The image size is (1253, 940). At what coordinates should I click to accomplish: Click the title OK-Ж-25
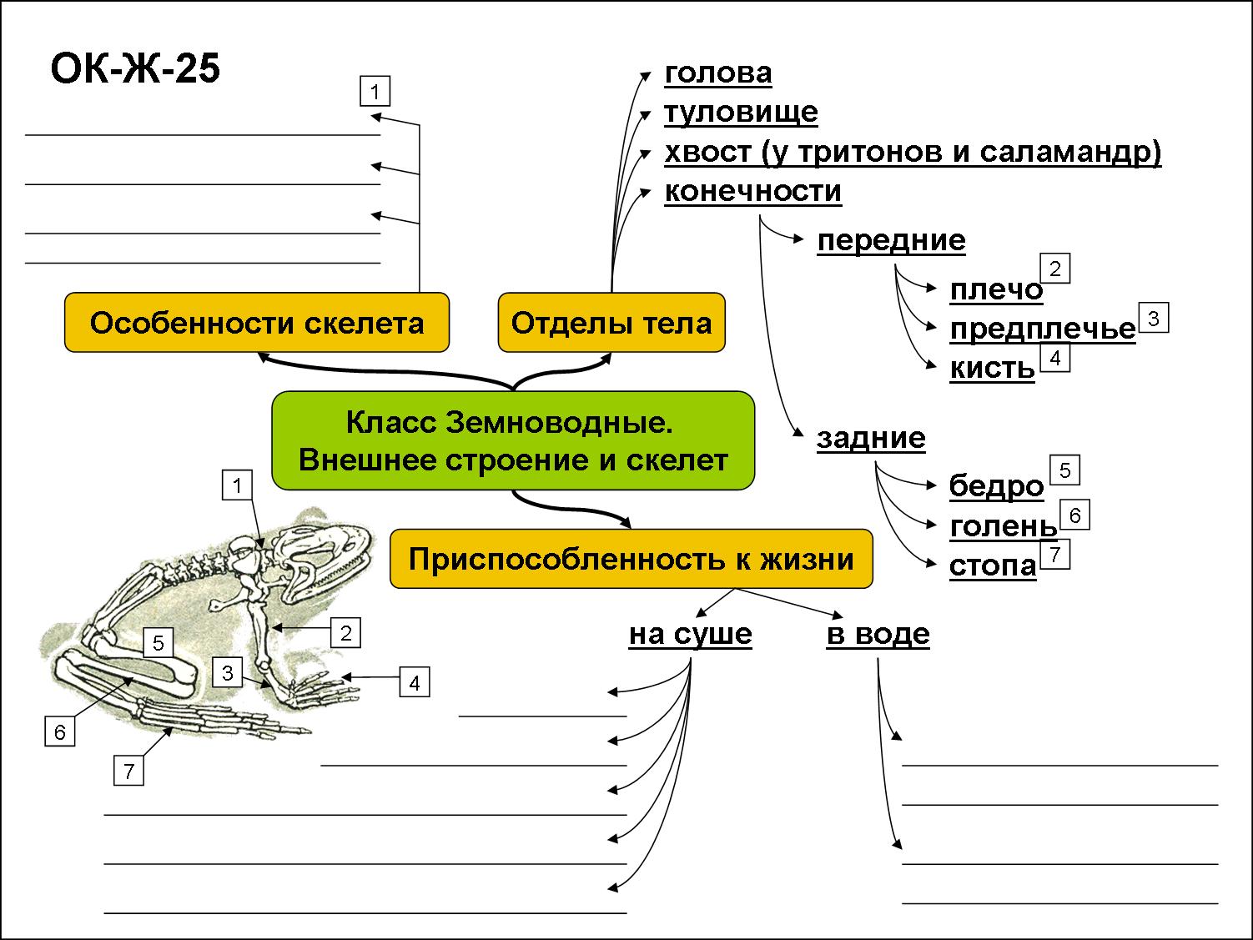point(135,69)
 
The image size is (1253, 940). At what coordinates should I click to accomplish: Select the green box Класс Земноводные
point(513,440)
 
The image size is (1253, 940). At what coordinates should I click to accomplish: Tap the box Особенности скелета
point(257,322)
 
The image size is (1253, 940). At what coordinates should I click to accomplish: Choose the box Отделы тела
point(611,322)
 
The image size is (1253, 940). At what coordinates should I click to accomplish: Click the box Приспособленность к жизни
point(632,558)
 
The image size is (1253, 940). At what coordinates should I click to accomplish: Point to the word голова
point(718,73)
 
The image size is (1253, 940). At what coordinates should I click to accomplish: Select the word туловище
point(741,112)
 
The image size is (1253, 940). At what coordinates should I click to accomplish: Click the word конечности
point(752,192)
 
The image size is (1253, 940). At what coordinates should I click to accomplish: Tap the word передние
point(891,240)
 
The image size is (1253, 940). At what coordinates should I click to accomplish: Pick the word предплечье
point(1043,329)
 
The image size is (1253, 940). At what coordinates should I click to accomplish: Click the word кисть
point(992,368)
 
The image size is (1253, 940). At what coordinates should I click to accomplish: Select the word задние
point(871,438)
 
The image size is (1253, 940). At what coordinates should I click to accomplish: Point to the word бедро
point(996,485)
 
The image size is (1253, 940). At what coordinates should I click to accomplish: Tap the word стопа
point(993,566)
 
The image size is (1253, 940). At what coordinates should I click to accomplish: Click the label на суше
point(690,634)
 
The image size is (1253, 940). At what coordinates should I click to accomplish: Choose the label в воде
point(878,634)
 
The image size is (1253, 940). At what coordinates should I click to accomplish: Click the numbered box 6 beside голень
point(1074,515)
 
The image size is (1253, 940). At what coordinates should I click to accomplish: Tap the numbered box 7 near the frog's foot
point(128,771)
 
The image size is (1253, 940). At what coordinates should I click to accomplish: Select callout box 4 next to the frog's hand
point(415,683)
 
